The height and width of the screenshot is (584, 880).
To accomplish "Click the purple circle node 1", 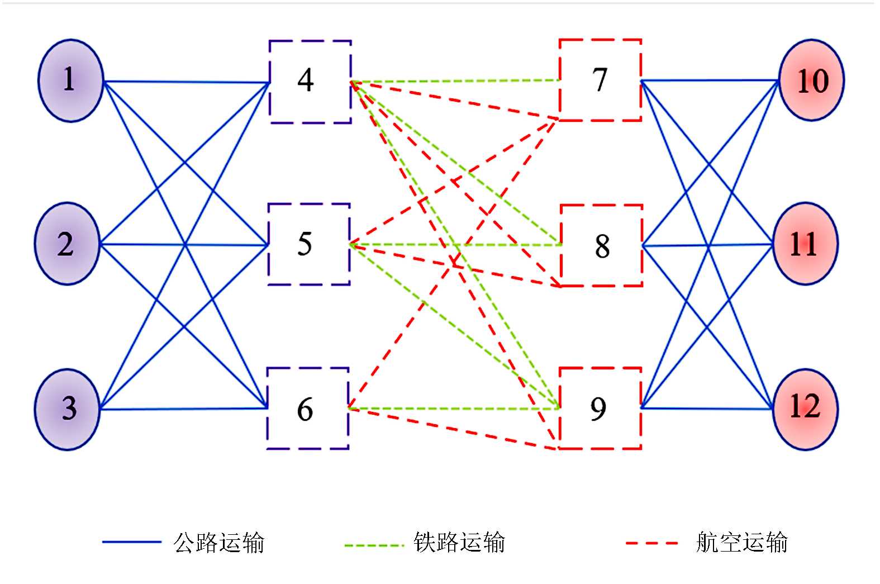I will [x=70, y=80].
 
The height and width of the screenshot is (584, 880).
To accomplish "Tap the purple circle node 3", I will [x=68, y=409].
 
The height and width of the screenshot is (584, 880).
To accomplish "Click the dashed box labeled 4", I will [x=310, y=82].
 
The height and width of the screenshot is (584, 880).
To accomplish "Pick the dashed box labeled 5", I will [x=308, y=244].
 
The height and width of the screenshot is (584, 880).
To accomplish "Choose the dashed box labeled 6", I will [x=307, y=409].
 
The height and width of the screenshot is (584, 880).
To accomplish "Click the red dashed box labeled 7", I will [x=600, y=80].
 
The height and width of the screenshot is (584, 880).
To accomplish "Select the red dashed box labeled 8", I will [x=601, y=245].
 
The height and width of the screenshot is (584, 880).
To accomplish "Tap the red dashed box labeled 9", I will [x=600, y=409].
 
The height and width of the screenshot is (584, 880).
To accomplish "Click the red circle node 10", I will [x=812, y=80].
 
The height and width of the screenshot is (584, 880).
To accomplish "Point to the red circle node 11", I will [x=805, y=244].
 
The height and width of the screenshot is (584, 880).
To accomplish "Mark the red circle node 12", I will [x=805, y=409].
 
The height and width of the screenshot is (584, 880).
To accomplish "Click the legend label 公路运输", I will [x=218, y=543].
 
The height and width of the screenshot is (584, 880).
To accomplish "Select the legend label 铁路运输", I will [x=459, y=543].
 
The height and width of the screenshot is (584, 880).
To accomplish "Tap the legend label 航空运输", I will [x=741, y=543].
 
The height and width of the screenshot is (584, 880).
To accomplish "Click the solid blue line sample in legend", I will [x=131, y=542].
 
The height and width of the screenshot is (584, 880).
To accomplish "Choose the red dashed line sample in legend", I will [x=652, y=543].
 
